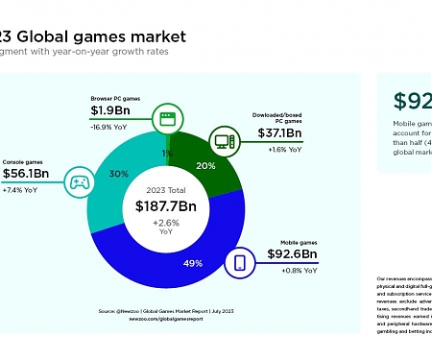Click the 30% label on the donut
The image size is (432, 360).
click(x=119, y=174)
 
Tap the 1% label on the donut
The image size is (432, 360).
click(x=166, y=152)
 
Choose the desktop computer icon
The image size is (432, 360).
click(x=225, y=142)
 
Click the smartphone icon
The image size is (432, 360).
click(x=240, y=261)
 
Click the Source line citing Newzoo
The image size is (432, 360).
click(x=168, y=311)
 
